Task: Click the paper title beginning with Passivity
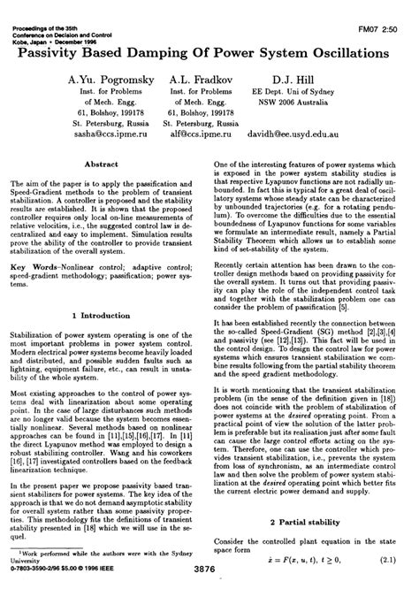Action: (x=210, y=52)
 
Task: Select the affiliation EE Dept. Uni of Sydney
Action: (x=297, y=92)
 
